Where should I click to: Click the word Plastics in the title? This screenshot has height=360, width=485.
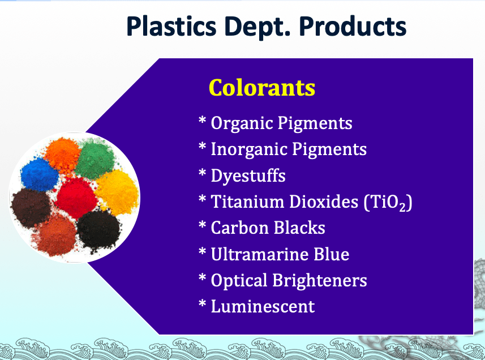click(x=171, y=26)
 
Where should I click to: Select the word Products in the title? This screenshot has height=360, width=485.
click(x=353, y=26)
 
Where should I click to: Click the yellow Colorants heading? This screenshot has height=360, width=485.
click(x=262, y=88)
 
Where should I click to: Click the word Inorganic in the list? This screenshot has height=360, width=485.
click(x=250, y=149)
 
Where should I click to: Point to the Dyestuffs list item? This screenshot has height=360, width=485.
click(x=248, y=175)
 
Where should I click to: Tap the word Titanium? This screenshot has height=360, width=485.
click(x=247, y=202)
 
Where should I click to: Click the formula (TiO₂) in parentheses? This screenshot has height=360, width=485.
click(x=388, y=203)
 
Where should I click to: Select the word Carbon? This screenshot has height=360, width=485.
click(x=240, y=228)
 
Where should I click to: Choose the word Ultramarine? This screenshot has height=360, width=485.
click(x=260, y=254)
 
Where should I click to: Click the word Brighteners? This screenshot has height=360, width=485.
click(x=320, y=281)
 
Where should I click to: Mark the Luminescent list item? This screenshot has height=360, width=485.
click(x=263, y=306)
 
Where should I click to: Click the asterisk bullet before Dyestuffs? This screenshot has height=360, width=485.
click(x=202, y=173)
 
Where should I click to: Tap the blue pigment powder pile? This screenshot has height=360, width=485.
click(x=39, y=174)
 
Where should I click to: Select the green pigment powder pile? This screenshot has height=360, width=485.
click(x=95, y=158)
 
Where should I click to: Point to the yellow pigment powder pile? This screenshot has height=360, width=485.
click(x=117, y=192)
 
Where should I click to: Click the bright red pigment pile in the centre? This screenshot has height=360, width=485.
click(x=76, y=198)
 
